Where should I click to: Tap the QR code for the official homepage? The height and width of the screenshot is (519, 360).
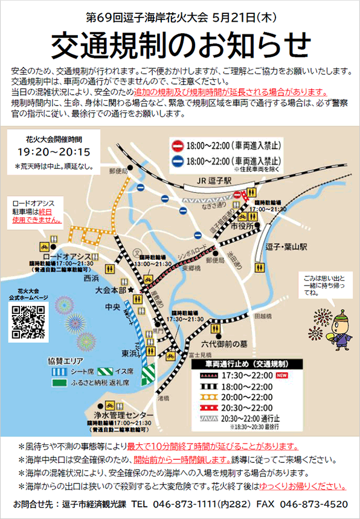pos(29,321)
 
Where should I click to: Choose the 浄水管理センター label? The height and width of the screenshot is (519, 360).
pos(123,415)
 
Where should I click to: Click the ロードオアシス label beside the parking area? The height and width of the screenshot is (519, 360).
pos(67,256)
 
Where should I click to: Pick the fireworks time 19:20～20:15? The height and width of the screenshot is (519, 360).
pos(54,151)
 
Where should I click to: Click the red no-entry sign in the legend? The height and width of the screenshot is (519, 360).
pos(178,146)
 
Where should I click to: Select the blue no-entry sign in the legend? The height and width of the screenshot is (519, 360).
pos(178,161)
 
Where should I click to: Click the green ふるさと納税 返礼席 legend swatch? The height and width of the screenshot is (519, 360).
pos(59,382)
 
